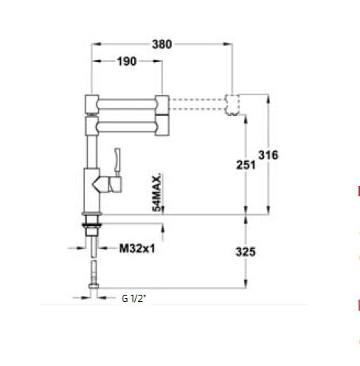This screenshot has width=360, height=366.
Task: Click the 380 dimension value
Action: [x=161, y=44]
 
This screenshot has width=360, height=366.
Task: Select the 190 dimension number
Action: [x=126, y=62]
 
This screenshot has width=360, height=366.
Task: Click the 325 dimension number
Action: [x=245, y=252]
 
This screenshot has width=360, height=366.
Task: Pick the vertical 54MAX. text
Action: [x=157, y=194]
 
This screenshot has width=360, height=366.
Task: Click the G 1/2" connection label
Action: [x=134, y=299]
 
